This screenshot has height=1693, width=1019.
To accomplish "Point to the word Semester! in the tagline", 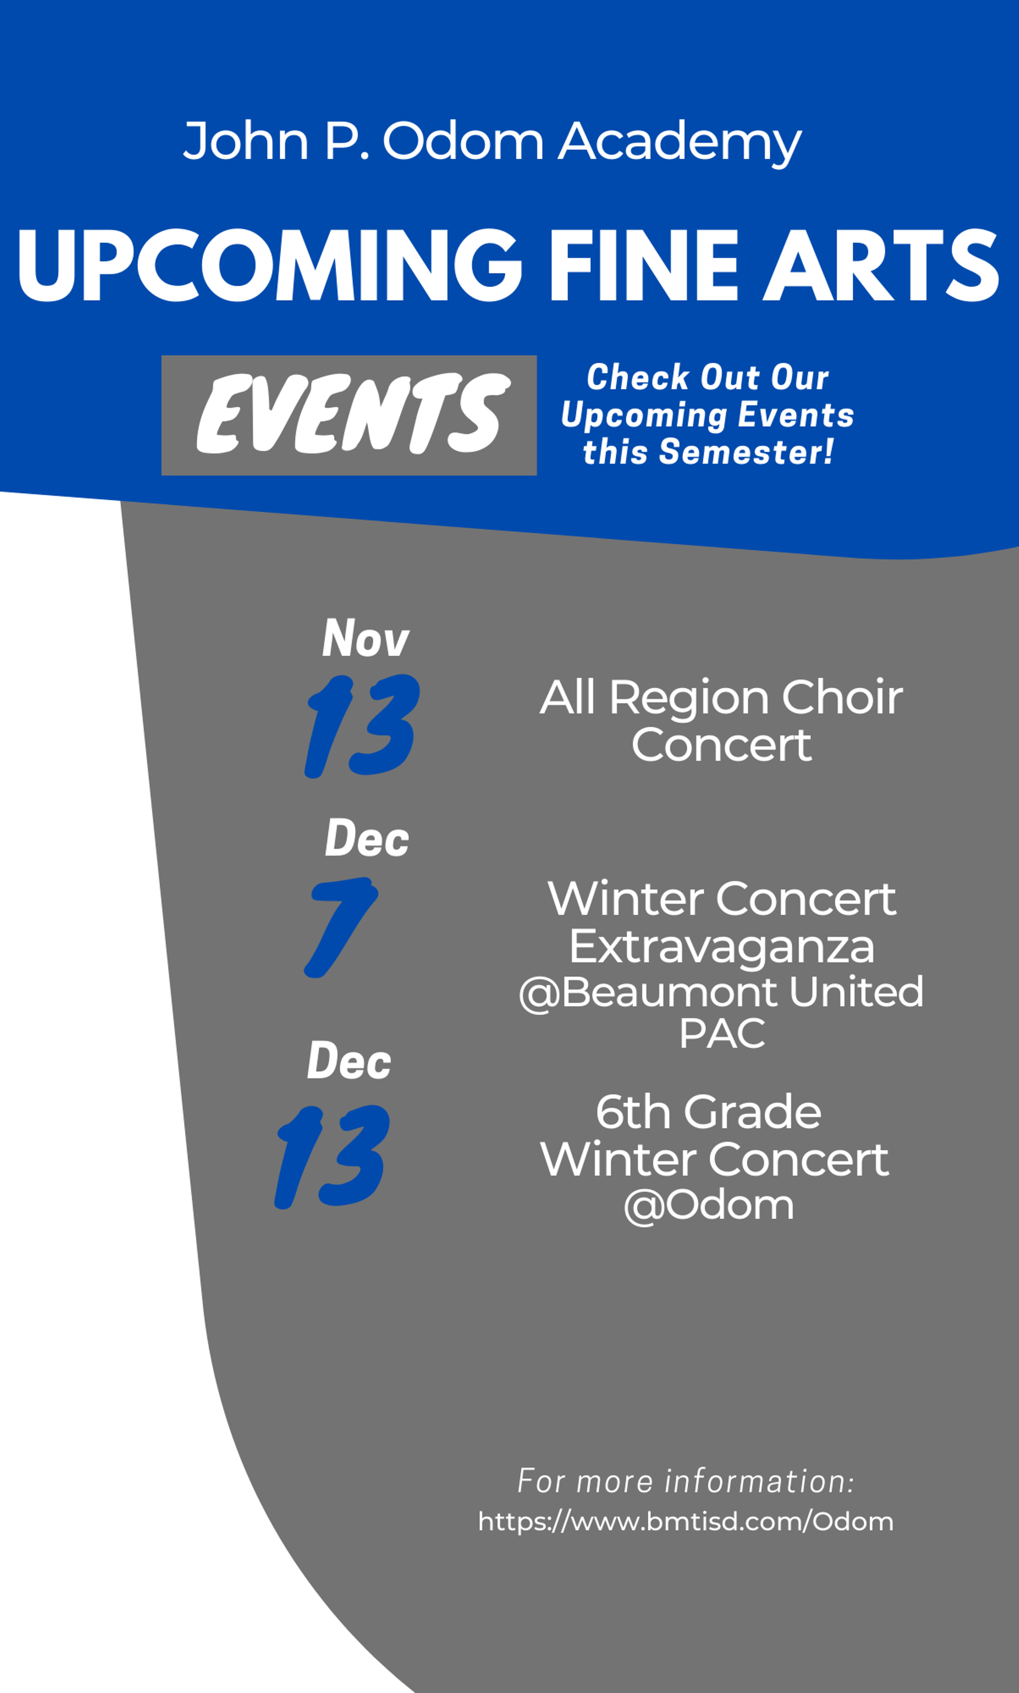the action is point(746,452).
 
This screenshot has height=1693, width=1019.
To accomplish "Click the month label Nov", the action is point(366,638).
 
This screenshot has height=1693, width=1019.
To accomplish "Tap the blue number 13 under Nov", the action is point(362,726).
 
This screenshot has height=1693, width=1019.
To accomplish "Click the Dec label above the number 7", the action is point(367,838).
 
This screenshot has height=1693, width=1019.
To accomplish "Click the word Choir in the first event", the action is point(842,698).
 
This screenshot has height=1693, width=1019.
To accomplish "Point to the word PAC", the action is point(721,1034).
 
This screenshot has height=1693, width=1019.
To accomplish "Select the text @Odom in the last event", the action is point(708,1205).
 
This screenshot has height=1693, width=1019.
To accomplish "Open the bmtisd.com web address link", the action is point(685,1521).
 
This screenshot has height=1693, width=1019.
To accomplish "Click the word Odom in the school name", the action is point(463,141).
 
